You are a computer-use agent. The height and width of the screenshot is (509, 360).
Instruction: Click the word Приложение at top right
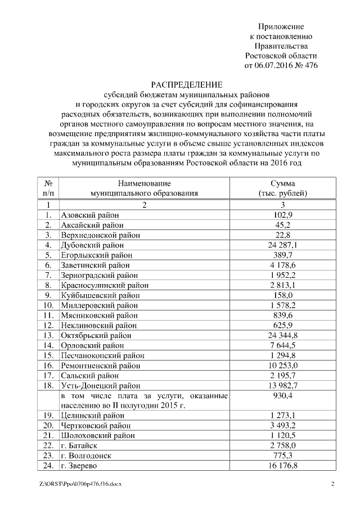pyautogui.click(x=281, y=26)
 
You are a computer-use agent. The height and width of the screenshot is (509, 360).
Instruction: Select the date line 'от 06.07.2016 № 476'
pyautogui.click(x=281, y=65)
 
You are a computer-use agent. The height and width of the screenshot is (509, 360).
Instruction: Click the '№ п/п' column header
pyautogui.click(x=48, y=188)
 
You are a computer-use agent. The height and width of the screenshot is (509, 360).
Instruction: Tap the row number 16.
pyautogui.click(x=48, y=366)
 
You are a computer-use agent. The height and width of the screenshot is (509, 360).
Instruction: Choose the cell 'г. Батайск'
pyautogui.click(x=82, y=445)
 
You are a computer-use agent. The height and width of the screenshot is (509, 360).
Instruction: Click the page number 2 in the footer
pyautogui.click(x=332, y=484)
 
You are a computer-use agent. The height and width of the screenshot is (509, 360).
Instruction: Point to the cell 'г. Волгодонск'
pyautogui.click(x=87, y=456)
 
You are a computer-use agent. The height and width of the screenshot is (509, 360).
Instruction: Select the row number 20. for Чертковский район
pyautogui.click(x=48, y=425)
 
